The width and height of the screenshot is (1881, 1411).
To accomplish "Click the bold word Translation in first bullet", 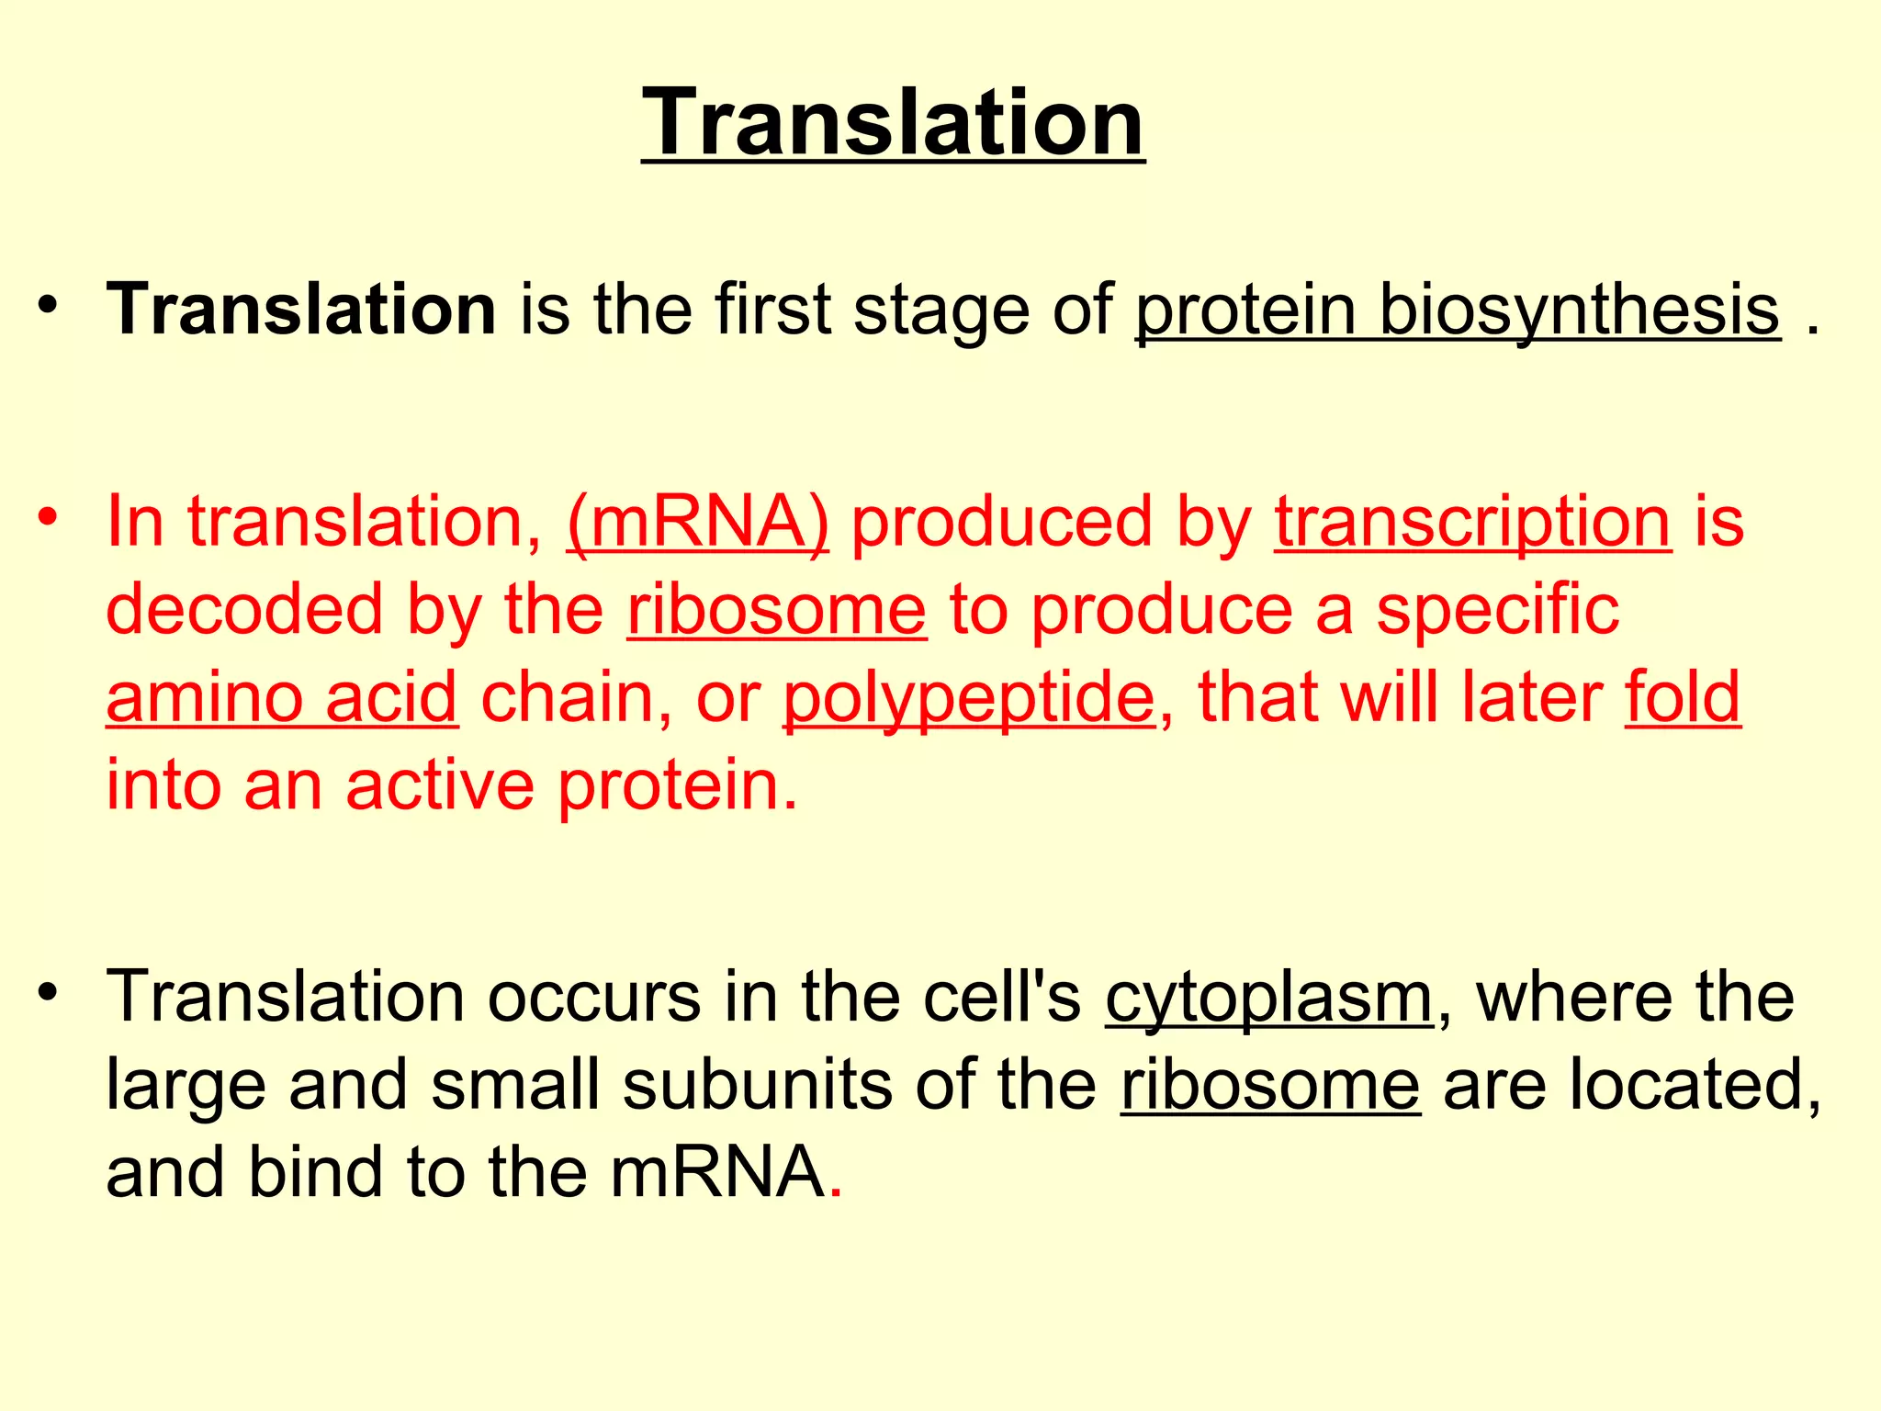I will (301, 309).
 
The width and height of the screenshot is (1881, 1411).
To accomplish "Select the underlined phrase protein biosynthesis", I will (1458, 310).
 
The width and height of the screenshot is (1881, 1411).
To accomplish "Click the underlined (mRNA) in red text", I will (697, 522).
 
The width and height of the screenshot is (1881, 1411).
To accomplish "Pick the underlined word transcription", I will (1472, 522).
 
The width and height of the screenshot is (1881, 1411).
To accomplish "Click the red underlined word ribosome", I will (777, 610).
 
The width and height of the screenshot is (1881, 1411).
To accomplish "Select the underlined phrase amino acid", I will (281, 697).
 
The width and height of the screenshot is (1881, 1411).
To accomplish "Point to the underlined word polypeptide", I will (969, 697).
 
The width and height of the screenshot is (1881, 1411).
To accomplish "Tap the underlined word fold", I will (1682, 695).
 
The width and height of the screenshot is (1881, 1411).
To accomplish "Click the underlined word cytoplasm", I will (1268, 998).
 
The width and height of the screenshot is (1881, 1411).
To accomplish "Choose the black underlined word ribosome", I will (1269, 1085).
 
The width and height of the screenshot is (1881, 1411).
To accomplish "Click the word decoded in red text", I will (243, 610).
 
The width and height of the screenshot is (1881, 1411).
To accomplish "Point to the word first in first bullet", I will (772, 309).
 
